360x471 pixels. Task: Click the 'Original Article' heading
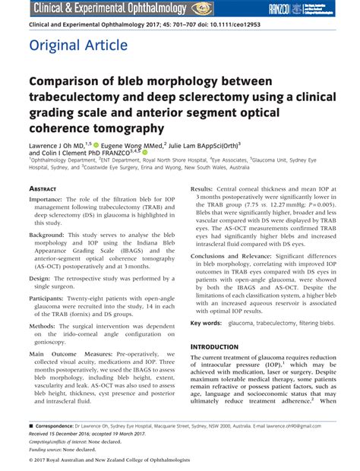[x=78, y=46]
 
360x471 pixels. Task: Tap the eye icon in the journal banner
[x=202, y=8]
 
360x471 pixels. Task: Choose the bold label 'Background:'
[x=52, y=235]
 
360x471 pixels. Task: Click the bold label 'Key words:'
[x=207, y=323]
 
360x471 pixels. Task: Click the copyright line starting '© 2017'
[x=109, y=460]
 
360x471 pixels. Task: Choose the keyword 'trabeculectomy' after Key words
[x=276, y=323]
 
